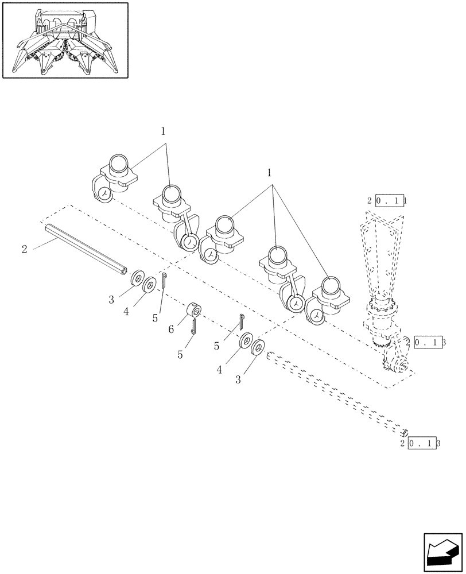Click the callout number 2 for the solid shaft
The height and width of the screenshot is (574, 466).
click(24, 249)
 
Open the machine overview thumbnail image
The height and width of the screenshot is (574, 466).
click(65, 40)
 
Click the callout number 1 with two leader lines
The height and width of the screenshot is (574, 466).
click(163, 131)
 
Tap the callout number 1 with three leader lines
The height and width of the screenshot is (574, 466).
click(270, 172)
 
